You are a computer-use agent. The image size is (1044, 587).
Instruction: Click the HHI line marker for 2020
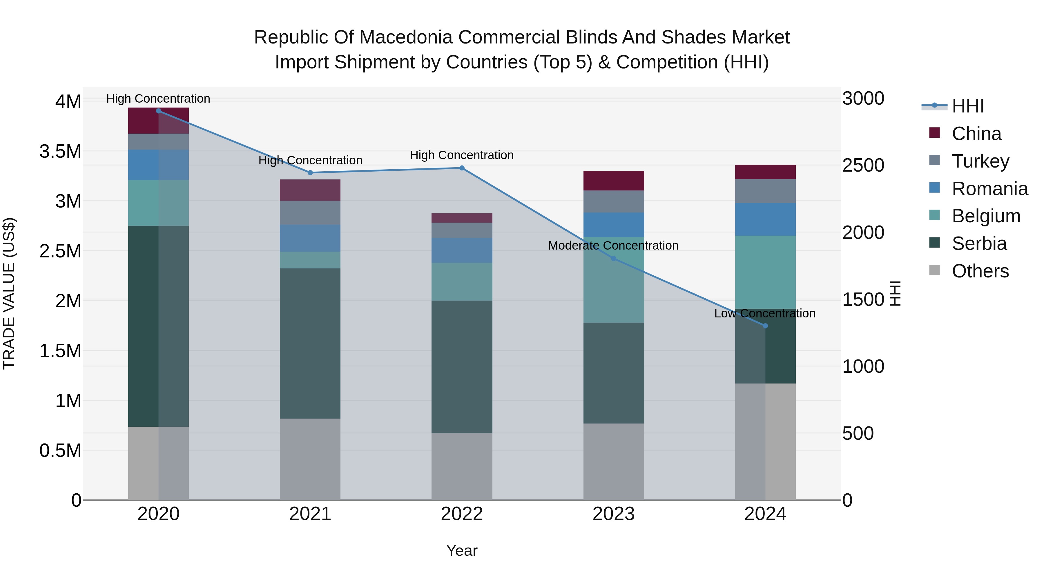click(x=158, y=111)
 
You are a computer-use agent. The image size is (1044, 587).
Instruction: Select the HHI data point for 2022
click(x=462, y=168)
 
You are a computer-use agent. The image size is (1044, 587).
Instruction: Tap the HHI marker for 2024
click(x=765, y=326)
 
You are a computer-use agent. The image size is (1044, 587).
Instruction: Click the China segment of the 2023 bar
click(x=614, y=181)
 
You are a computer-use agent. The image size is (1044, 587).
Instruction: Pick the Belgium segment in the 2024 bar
click(x=765, y=272)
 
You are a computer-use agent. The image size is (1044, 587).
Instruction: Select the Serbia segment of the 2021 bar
click(x=310, y=344)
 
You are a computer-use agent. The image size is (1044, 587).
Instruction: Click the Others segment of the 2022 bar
click(x=462, y=467)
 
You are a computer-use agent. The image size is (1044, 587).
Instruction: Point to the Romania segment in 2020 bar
click(x=158, y=165)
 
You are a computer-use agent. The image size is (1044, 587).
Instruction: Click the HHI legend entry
click(x=967, y=106)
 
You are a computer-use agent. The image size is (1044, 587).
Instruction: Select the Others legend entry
click(x=980, y=271)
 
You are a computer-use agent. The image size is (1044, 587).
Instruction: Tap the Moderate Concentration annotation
click(x=613, y=246)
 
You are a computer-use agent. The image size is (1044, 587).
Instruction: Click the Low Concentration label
click(x=764, y=314)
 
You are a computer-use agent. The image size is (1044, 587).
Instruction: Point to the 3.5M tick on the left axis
click(x=60, y=152)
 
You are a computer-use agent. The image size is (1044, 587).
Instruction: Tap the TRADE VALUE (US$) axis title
click(x=9, y=293)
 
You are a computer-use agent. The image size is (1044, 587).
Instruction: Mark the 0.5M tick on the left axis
click(x=60, y=450)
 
